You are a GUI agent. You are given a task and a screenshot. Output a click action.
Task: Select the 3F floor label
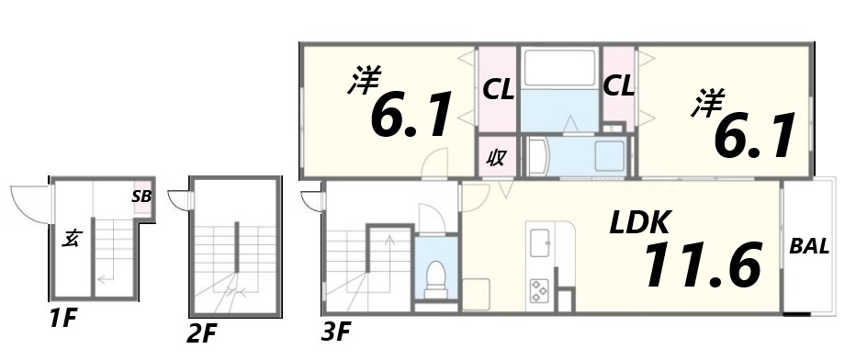336,332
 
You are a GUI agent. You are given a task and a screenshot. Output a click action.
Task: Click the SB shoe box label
141,196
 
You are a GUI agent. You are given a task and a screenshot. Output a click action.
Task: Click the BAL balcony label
809,246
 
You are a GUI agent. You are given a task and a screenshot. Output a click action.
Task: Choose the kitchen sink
540,243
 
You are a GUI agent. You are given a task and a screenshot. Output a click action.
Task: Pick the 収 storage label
496,157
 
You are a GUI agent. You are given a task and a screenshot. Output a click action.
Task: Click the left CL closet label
498,90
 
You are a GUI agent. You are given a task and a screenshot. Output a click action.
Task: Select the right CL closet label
618,87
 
